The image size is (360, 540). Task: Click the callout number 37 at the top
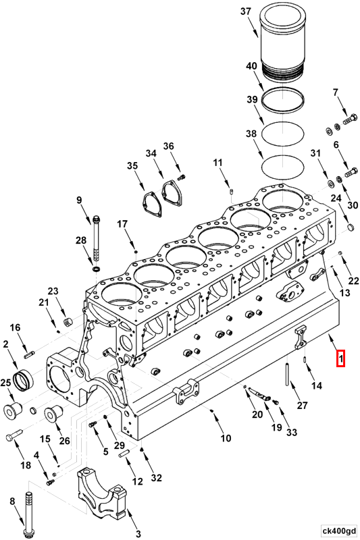click(x=245, y=11)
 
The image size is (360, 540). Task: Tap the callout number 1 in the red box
click(x=341, y=358)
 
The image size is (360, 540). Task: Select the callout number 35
click(x=132, y=165)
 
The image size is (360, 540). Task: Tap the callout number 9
click(x=78, y=200)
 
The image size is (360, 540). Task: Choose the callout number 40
click(x=251, y=66)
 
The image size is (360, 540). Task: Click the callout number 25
click(x=6, y=383)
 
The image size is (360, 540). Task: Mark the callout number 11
click(x=217, y=163)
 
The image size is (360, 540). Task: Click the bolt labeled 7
click(x=349, y=122)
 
